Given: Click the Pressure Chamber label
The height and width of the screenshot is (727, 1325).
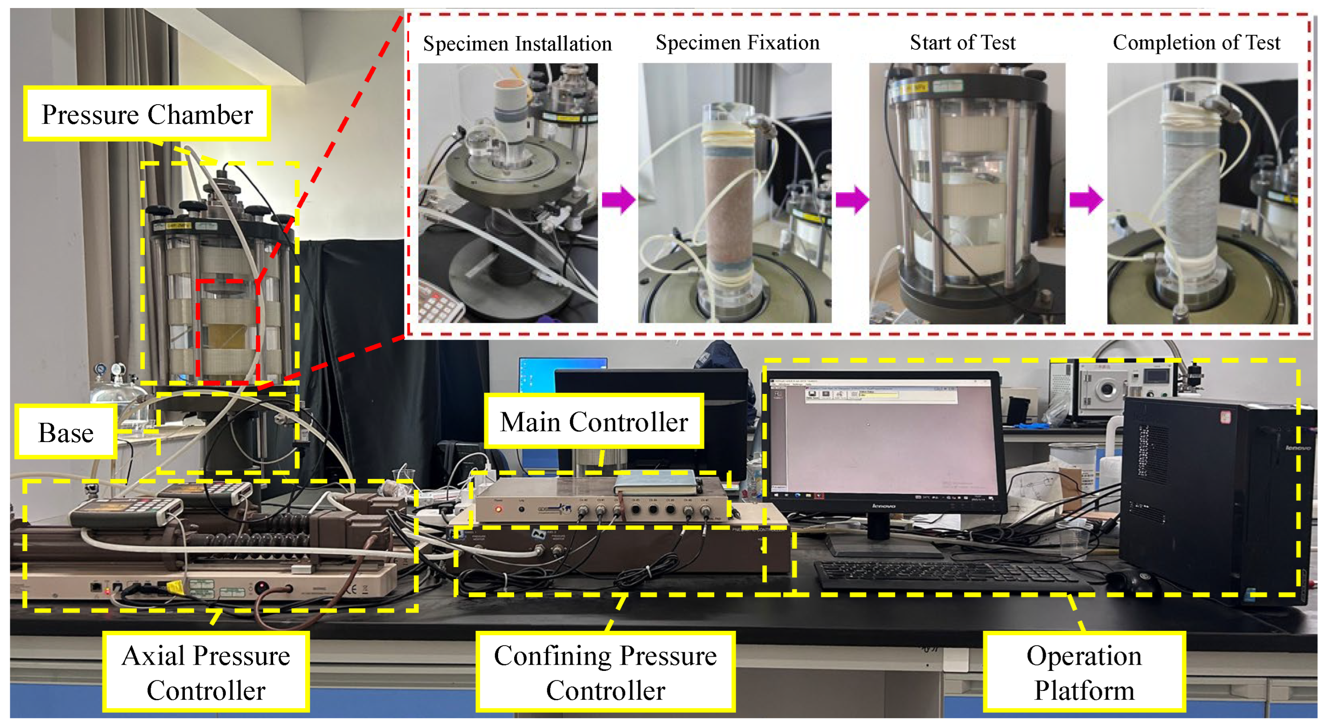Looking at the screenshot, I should pyautogui.click(x=147, y=114).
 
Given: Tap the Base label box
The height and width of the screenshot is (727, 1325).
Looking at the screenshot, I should pyautogui.click(x=66, y=432).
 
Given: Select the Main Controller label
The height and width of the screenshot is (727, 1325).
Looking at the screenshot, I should pyautogui.click(x=593, y=422).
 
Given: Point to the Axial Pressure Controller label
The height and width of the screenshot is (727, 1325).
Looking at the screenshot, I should pyautogui.click(x=206, y=673).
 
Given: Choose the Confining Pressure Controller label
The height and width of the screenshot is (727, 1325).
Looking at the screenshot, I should pyautogui.click(x=605, y=673).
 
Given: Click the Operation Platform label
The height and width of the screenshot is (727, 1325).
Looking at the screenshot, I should pyautogui.click(x=1084, y=673).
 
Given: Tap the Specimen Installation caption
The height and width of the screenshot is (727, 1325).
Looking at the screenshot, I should pyautogui.click(x=517, y=44).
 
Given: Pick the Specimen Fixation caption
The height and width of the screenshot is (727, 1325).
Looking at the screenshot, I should pyautogui.click(x=737, y=43).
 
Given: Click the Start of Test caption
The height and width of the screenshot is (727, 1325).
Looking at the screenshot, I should pyautogui.click(x=962, y=43).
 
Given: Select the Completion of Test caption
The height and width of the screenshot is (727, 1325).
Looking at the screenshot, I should pyautogui.click(x=1196, y=43).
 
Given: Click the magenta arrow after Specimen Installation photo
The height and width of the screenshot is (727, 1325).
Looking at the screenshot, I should pyautogui.click(x=618, y=199).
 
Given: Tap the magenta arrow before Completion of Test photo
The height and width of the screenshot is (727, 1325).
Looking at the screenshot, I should pyautogui.click(x=1086, y=199).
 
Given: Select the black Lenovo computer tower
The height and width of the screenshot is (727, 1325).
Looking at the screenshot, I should pyautogui.click(x=1209, y=499).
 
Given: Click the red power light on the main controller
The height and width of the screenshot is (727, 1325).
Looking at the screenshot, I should pyautogui.click(x=498, y=509).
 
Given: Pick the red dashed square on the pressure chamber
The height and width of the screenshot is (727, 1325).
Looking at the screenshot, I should pyautogui.click(x=228, y=332).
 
